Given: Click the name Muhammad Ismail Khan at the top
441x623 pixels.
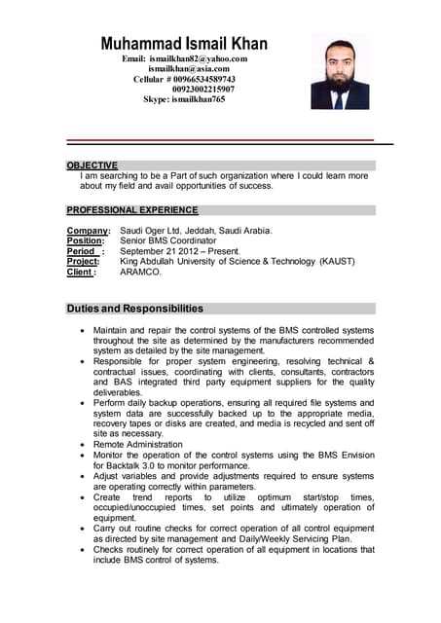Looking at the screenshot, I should (184, 44).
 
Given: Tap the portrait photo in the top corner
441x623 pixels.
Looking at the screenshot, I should (340, 71).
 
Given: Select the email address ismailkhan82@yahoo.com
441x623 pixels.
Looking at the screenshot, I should (199, 59).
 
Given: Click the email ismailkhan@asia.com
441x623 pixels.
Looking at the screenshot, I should (189, 69).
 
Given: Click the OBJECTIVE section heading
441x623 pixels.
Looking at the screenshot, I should (92, 165).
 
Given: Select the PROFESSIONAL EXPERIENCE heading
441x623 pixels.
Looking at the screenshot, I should (131, 210).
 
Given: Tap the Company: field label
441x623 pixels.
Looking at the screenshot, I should (88, 231).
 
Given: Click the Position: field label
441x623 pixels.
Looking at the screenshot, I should (86, 241).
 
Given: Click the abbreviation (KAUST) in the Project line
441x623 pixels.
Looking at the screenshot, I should (337, 262).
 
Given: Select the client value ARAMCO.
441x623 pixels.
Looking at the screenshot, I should (141, 273).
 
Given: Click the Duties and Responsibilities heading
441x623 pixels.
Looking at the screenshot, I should (134, 309).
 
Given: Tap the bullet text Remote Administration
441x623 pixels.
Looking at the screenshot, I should (137, 444).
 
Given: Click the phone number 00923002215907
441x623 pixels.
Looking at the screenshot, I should (203, 89).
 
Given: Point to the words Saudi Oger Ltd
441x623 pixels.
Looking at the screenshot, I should (151, 231).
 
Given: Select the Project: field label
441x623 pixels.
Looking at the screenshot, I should (84, 262).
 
